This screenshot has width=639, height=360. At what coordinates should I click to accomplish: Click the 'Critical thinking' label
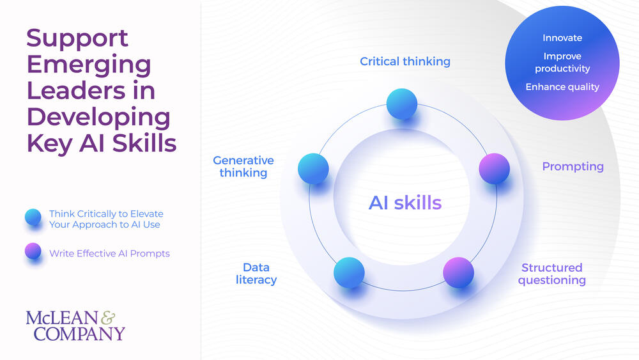pyautogui.click(x=405, y=61)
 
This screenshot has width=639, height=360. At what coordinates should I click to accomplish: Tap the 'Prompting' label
pyautogui.click(x=573, y=166)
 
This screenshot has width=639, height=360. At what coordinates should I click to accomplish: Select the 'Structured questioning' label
pyautogui.click(x=551, y=274)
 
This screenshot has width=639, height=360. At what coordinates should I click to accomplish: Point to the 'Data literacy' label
pyautogui.click(x=256, y=274)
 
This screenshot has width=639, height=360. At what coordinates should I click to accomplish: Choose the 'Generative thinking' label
pyautogui.click(x=243, y=166)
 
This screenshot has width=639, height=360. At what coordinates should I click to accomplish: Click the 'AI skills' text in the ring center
pyautogui.click(x=405, y=203)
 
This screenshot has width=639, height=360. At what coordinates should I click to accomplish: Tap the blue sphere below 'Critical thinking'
pyautogui.click(x=402, y=104)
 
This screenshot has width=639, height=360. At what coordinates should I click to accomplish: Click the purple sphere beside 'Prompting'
pyautogui.click(x=494, y=168)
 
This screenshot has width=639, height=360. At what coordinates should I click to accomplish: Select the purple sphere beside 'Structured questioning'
pyautogui.click(x=458, y=272)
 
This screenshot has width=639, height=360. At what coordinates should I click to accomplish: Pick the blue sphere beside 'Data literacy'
pyautogui.click(x=349, y=272)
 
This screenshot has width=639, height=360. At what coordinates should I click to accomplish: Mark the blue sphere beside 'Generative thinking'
pyautogui.click(x=313, y=168)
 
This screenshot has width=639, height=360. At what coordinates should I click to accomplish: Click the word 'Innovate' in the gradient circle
pyautogui.click(x=562, y=38)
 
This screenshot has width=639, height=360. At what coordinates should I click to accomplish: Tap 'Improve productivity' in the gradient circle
pyautogui.click(x=562, y=62)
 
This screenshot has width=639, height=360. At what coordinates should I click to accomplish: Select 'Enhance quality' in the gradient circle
pyautogui.click(x=562, y=86)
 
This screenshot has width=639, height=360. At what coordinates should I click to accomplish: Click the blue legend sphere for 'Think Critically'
pyautogui.click(x=33, y=218)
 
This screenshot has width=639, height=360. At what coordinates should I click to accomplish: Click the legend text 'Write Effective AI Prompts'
pyautogui.click(x=109, y=253)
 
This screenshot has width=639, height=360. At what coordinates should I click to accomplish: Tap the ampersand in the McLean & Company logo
pyautogui.click(x=109, y=317)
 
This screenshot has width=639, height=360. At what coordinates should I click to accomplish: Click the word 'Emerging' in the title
pyautogui.click(x=89, y=65)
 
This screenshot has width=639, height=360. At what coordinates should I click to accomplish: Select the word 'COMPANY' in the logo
pyautogui.click(x=79, y=333)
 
